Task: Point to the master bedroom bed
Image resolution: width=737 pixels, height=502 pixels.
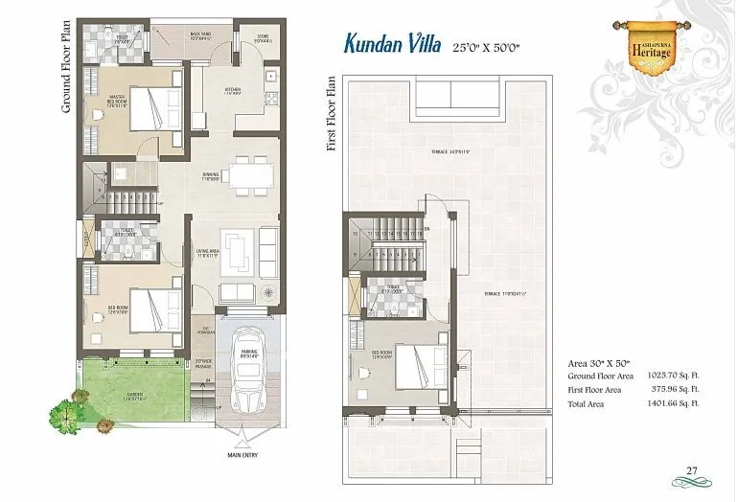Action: click(154, 107)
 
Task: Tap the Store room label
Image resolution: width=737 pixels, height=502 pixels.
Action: click(263, 39)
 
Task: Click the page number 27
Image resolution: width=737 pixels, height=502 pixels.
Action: click(690, 469)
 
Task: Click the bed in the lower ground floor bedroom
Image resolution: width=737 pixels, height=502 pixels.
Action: click(154, 308)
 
